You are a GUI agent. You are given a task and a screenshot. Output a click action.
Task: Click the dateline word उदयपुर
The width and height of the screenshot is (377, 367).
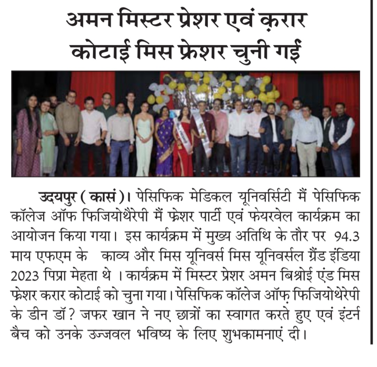click(x=55, y=196)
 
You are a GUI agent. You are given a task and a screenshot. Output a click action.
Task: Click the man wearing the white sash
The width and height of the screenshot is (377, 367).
click(x=201, y=136)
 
